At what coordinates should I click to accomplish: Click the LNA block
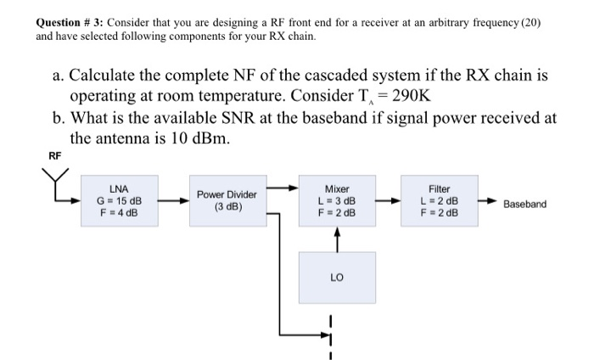tap(120, 201)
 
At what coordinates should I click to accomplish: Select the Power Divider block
tap(228, 200)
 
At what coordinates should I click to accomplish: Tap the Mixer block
tap(337, 201)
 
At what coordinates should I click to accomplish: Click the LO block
tap(337, 277)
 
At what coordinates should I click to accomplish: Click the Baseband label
tap(524, 205)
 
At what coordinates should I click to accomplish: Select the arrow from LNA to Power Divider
tap(177, 202)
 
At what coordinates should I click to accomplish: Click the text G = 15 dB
tap(120, 201)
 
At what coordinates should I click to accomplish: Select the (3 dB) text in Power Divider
tap(228, 206)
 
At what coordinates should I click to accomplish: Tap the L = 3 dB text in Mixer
tap(337, 201)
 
